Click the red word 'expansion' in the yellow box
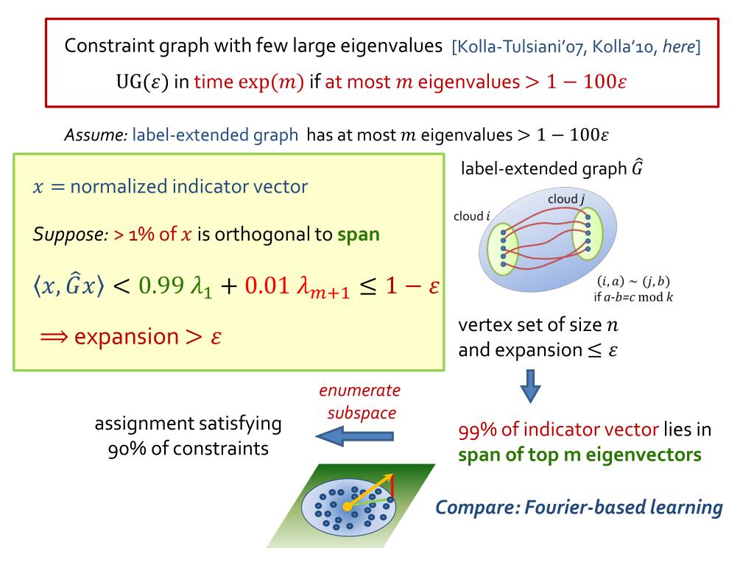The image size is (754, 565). [x=125, y=337]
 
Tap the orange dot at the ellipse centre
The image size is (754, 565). [x=347, y=507]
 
